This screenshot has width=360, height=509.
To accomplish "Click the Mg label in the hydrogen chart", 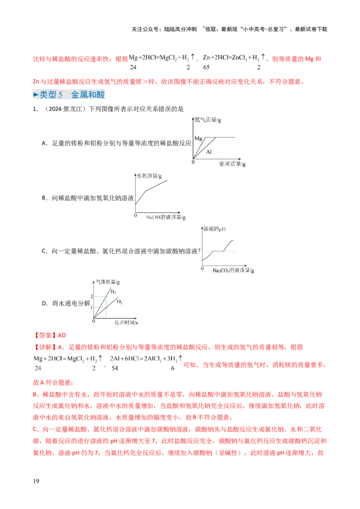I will tap(198, 138).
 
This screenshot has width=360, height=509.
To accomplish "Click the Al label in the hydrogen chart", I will tap(209, 152).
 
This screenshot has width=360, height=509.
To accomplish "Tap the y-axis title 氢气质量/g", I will tap(208, 120).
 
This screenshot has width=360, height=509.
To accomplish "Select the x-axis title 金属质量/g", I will tap(233, 165).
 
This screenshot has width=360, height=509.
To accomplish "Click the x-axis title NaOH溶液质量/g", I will tap(166, 217).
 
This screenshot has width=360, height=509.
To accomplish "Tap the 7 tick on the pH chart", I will tap(199, 250).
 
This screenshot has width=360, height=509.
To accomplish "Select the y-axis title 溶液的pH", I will tap(215, 229).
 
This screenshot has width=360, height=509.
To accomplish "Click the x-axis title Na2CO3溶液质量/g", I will tap(234, 271).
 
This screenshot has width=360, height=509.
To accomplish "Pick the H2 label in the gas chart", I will tap(113, 292).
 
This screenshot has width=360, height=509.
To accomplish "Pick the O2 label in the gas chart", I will tap(120, 302).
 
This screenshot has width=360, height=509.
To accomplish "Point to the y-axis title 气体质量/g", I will tap(108, 282).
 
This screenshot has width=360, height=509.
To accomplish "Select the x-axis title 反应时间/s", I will tap(127, 323).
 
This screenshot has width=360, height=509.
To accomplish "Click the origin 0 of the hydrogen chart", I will tap(193, 161).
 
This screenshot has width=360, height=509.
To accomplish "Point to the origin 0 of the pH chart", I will tap(202, 268).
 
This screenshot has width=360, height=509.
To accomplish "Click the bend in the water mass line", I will tap(145, 192).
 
